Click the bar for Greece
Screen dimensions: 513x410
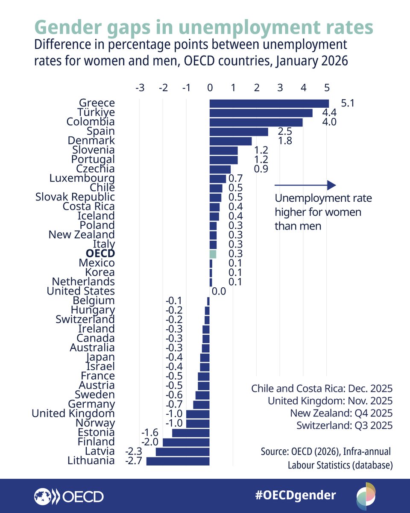click(269, 103)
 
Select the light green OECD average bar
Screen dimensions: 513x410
click(213, 254)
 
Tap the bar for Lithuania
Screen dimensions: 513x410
click(178, 461)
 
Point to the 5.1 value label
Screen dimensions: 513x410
click(348, 103)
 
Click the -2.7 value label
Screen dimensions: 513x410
click(134, 461)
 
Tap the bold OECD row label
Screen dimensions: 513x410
click(100, 254)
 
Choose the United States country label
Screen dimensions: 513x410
click(81, 291)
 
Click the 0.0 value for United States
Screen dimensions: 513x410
click(219, 292)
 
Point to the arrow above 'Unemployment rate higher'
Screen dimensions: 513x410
click(305, 185)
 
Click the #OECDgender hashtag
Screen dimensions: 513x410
click(296, 495)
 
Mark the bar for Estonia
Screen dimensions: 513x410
click(191, 433)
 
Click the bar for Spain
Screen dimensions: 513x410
click(239, 132)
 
